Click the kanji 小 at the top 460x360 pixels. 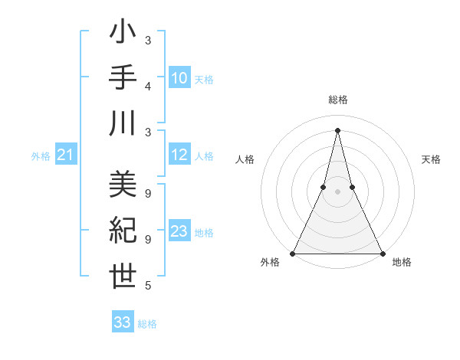point(123,34)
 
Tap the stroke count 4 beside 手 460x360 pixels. point(147,86)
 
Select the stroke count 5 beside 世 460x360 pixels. point(147,286)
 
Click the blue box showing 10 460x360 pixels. point(179,78)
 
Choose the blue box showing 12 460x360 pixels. point(179,155)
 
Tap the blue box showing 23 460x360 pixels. point(179,232)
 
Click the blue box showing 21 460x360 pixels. point(65,155)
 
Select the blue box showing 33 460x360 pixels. point(122,322)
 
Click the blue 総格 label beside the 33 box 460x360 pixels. point(147,324)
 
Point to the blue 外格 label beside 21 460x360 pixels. point(41,156)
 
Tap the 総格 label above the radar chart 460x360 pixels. point(337,100)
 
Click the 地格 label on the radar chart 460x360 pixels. point(402,262)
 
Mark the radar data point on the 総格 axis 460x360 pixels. point(337,130)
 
